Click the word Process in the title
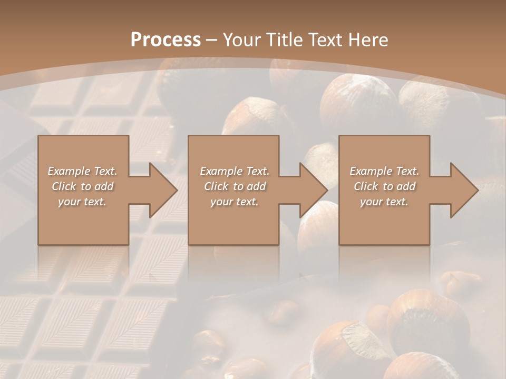[x=166, y=40]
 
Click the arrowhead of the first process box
[x=163, y=190]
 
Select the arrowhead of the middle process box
[x=314, y=190]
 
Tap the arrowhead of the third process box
[x=464, y=190]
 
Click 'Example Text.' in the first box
[x=83, y=171]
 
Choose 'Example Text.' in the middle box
[x=235, y=171]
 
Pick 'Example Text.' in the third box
[x=384, y=171]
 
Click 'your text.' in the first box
[x=82, y=202]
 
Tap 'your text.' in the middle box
[x=235, y=202]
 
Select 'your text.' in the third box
[x=384, y=202]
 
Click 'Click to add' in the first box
[x=83, y=186]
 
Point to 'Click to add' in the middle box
[x=235, y=186]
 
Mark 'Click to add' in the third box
[x=384, y=186]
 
